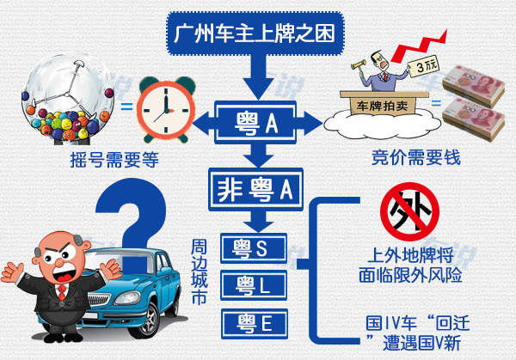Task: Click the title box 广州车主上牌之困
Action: pos(255,34)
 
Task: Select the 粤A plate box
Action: pos(255,123)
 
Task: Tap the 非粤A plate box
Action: pos(255,189)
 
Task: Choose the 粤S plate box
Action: pos(254,248)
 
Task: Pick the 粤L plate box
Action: pos(254,285)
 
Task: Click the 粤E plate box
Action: pos(255,324)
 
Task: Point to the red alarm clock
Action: pos(166,109)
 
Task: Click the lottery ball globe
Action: pos(68,98)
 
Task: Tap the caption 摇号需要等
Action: pos(114,160)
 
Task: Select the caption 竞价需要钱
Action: pos(416,157)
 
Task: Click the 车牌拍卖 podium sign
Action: pos(383,107)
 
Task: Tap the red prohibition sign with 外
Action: pos(409,212)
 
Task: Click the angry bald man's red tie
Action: pos(62,293)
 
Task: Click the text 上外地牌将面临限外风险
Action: pos(410,265)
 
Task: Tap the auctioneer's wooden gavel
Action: pos(358,64)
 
